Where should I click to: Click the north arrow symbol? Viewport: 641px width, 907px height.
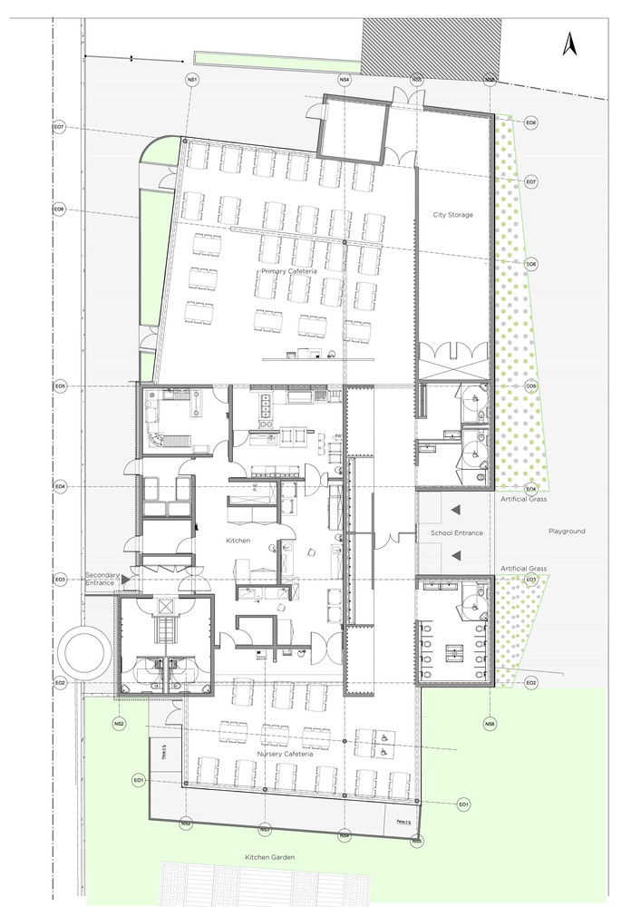571,44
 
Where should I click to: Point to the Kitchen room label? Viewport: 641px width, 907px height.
238,541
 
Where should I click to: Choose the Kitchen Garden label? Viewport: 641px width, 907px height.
269,856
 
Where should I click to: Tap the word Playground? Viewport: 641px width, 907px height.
567,532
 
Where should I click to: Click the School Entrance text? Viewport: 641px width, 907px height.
457,533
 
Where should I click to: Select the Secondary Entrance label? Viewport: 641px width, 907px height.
102,580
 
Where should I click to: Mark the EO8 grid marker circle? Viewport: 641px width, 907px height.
531,122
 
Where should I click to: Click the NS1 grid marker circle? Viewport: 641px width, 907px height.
192,80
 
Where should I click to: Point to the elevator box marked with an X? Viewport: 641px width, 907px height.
164,605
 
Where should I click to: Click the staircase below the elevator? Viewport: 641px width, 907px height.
164,628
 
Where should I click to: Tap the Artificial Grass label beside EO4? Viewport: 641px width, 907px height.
521,499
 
